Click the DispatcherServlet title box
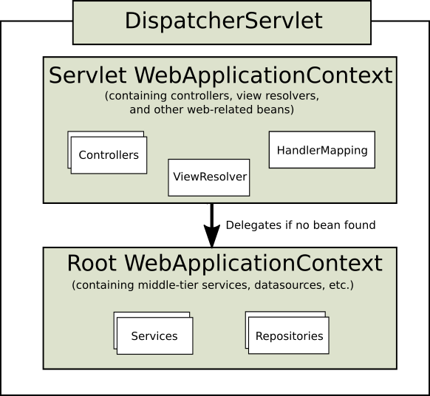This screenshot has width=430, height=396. [x=222, y=21]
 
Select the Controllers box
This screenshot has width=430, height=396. [x=109, y=155]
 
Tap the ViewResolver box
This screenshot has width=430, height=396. [x=209, y=177]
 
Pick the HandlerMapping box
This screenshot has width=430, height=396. [x=322, y=150]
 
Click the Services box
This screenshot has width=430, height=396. [x=154, y=336]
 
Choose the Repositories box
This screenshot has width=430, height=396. [x=289, y=336]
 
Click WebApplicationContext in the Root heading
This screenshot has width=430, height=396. [x=253, y=264]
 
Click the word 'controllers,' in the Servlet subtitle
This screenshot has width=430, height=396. [x=200, y=96]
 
